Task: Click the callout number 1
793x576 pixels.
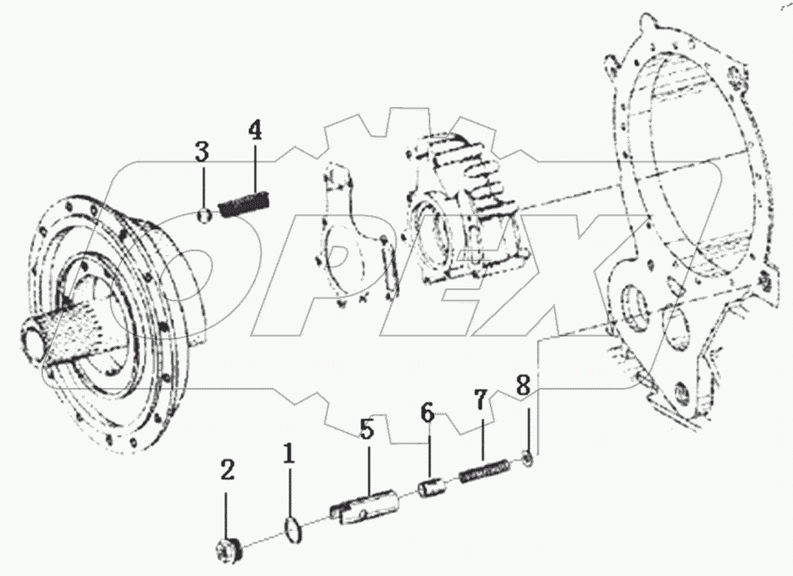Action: pos(288,456)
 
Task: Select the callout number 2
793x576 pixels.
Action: pos(227,471)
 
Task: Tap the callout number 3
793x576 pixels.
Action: pos(202,153)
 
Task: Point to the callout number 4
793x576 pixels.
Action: pos(254,130)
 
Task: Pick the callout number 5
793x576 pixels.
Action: pos(367,430)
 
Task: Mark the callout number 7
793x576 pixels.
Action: pos(480,400)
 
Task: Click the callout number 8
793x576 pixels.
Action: pos(523,385)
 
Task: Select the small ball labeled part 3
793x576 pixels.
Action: pos(202,216)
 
